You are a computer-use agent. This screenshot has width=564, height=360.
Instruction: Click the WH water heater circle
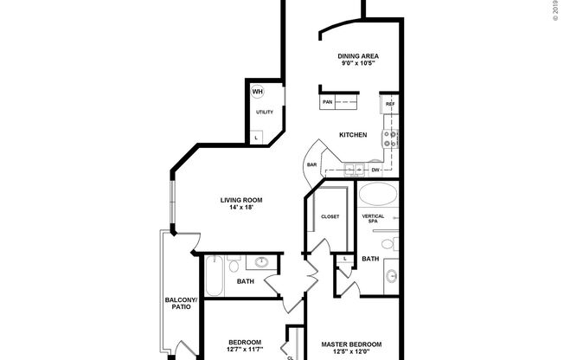click(258, 91)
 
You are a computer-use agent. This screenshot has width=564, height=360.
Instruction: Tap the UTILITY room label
click(265, 112)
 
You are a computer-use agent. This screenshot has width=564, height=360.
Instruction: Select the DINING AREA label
click(358, 56)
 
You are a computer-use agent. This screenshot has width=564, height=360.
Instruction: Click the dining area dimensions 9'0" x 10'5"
click(358, 64)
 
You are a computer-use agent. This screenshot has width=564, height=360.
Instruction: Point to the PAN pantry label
click(328, 102)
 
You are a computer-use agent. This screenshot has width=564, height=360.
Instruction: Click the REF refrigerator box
click(390, 103)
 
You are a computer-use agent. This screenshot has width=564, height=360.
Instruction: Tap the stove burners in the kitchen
click(391, 135)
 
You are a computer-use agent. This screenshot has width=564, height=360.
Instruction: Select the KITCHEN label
click(353, 135)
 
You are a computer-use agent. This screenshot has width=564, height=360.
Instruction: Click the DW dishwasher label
click(376, 170)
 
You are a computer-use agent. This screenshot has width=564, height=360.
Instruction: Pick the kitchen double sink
click(354, 168)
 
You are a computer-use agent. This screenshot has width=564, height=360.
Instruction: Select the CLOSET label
click(330, 216)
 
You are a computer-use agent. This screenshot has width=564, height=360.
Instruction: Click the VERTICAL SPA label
click(373, 219)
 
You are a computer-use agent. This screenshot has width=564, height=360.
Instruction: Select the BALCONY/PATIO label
click(182, 304)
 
